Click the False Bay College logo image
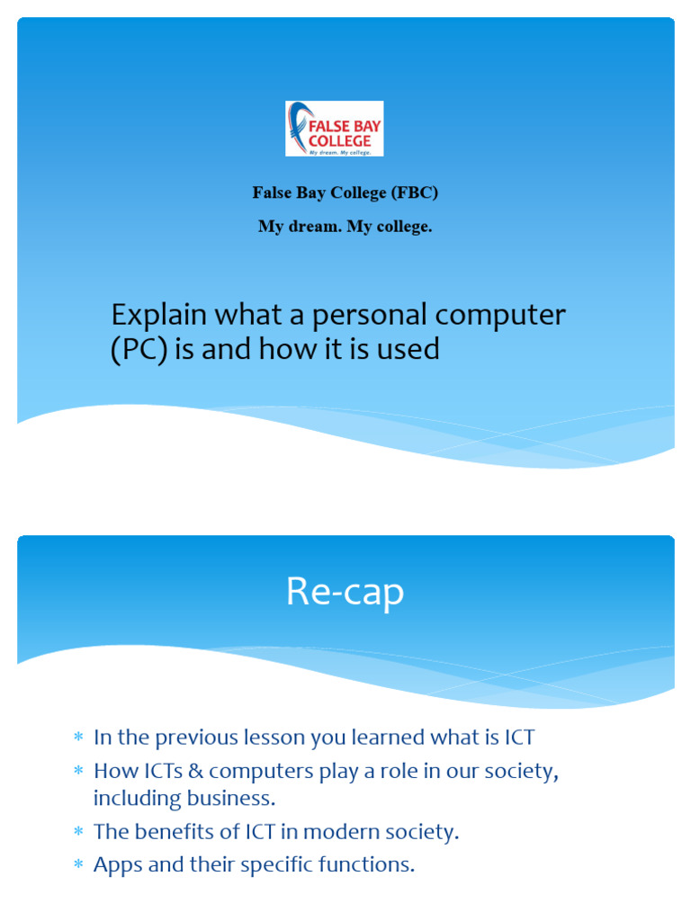pos(334,129)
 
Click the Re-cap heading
pos(345,593)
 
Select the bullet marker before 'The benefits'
pos(78,833)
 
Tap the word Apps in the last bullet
pos(114,865)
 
